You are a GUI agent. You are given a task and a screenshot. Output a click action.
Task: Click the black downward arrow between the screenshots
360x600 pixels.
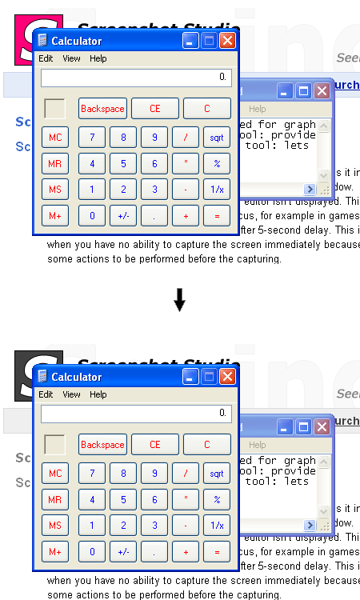point(180,300)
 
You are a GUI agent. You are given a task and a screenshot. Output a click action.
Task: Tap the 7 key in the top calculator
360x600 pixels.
point(92,138)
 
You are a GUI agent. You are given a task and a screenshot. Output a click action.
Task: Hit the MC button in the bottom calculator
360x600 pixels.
point(55,474)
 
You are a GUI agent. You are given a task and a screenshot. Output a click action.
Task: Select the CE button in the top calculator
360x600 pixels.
point(155,108)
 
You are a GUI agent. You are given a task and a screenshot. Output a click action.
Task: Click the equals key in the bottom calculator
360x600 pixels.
point(216,551)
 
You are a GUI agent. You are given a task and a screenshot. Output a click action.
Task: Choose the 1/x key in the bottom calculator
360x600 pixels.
point(216,526)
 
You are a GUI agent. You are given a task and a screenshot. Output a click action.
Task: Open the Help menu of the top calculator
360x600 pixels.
point(98,58)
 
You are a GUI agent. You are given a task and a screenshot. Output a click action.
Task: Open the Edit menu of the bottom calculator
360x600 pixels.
point(46,394)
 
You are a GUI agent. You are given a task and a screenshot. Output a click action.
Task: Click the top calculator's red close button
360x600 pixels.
point(227,41)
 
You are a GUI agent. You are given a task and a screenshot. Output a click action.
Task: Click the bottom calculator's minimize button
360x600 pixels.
point(190,377)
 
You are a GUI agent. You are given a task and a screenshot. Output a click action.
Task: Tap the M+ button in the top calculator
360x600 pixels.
point(55,215)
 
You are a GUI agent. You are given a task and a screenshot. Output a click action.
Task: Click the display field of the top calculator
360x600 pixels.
point(136,78)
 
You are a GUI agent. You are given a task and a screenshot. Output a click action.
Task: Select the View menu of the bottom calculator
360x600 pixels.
point(71,394)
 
